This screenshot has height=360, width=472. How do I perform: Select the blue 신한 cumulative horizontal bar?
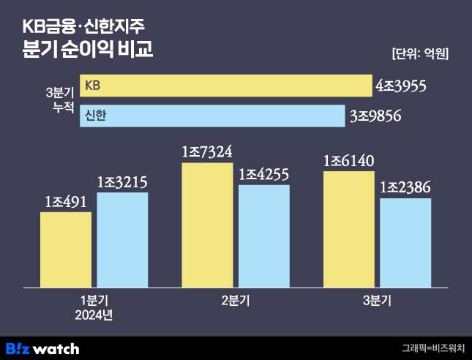coord(212,116)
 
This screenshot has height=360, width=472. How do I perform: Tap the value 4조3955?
coord(400,86)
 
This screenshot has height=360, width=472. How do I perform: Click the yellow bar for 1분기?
coord(66,249)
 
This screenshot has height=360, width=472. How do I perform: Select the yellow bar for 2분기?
coord(207,224)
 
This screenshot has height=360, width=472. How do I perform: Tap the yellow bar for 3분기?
coord(348,228)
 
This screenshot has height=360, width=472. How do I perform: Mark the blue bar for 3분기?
coord(405,242)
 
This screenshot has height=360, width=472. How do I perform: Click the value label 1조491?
coord(66,202)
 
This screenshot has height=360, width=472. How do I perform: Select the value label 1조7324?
coord(207,153)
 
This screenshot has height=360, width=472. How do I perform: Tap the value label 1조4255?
coord(264,175)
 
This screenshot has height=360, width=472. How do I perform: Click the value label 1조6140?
coord(348,162)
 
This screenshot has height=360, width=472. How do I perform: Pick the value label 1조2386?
coord(405,188)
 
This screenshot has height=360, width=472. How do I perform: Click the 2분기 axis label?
coord(236,301)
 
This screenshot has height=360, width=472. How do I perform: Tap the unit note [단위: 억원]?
coord(421,53)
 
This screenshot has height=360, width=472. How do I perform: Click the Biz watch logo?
coord(42,348)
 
